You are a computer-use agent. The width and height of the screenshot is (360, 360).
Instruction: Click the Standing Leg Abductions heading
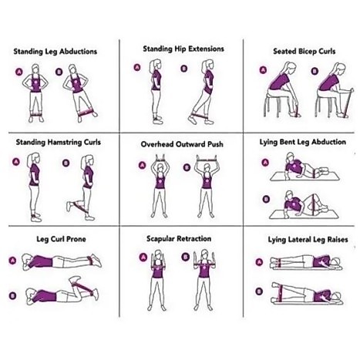tap(56, 52)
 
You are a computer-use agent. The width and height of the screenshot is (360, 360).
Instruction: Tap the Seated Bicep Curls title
tap(304, 52)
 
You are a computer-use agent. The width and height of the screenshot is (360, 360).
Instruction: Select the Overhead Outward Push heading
tap(182, 144)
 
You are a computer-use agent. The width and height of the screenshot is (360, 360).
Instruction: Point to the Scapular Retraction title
tap(179, 239)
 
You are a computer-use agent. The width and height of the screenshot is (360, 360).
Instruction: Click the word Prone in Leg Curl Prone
tap(76, 239)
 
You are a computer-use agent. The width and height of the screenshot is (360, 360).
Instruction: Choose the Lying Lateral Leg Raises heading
tap(308, 240)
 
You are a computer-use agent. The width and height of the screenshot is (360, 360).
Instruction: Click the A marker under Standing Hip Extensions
tap(137, 67)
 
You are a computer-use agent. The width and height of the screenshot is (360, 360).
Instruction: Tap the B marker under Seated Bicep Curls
tap(315, 71)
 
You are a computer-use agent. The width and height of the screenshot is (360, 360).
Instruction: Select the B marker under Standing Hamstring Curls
tap(66, 163)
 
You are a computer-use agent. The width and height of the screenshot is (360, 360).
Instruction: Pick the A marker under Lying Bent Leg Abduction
tap(265, 163)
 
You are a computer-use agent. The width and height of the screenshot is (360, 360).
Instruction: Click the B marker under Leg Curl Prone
tap(12, 296)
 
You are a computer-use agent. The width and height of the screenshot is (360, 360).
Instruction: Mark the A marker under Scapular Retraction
tap(143, 257)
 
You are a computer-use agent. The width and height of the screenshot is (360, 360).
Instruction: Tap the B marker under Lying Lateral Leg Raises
tap(259, 291)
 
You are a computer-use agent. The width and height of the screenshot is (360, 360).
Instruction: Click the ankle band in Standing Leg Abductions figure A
tap(36, 114)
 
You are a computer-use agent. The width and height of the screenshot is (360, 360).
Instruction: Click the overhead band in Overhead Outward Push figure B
tap(207, 160)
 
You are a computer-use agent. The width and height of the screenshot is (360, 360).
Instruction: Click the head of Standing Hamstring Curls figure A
tap(35, 159)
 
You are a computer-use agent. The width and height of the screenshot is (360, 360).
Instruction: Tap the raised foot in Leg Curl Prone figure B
tap(75, 279)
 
